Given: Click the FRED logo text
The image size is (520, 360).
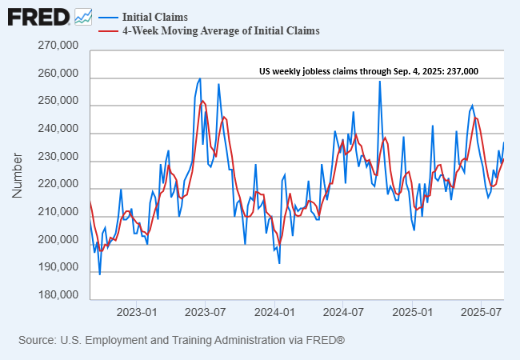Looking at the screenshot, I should pos(38,16).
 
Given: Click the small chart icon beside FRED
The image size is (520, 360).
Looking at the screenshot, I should pos(82,16).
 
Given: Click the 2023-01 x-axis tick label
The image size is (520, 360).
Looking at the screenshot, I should pos(135,310).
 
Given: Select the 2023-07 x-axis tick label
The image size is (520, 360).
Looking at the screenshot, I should pos(205,310).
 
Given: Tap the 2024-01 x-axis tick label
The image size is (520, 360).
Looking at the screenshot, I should pos(274,310).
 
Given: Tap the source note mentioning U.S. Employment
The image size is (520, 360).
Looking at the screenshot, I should pos(182,341).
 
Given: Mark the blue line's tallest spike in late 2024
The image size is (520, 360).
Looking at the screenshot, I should pos(379,82).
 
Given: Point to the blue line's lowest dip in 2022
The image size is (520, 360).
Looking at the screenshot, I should pos(99,274).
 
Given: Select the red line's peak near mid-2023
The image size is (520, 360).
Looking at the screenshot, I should pos(202,101).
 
